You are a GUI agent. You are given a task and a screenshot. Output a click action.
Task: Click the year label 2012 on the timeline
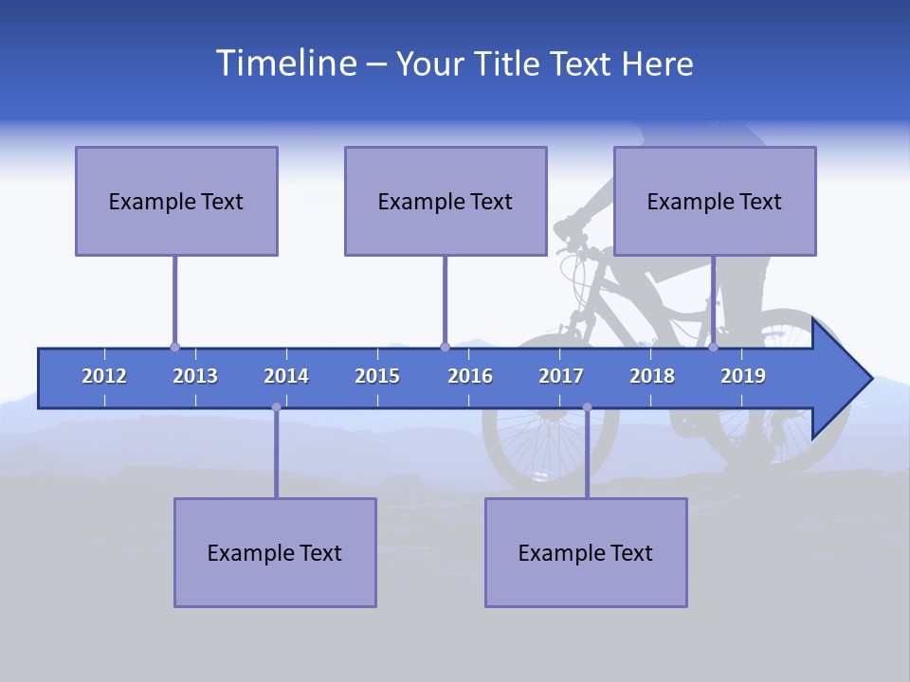click(x=104, y=376)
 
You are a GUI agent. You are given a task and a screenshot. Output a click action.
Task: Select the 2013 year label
click(x=195, y=376)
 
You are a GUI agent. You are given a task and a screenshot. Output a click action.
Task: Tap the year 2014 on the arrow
click(x=286, y=376)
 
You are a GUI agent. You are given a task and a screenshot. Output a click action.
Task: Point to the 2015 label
click(x=377, y=376)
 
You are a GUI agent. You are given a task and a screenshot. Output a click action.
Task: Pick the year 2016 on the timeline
click(x=470, y=376)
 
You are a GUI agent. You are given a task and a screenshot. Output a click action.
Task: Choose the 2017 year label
click(x=561, y=376)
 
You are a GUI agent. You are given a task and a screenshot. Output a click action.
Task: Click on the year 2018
click(x=652, y=376)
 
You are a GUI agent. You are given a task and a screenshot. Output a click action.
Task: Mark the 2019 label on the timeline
click(x=743, y=376)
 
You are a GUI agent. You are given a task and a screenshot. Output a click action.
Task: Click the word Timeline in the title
click(x=284, y=63)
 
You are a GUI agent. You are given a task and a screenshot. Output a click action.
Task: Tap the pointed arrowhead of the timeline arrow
click(x=848, y=378)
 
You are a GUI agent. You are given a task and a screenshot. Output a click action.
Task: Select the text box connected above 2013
click(x=176, y=201)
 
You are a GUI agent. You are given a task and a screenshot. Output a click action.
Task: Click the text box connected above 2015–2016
click(x=446, y=201)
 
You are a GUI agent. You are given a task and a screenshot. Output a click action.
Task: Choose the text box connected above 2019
click(x=715, y=201)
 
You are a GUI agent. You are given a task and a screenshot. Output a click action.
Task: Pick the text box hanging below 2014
click(x=275, y=552)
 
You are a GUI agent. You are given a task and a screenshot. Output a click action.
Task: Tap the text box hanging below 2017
click(x=586, y=552)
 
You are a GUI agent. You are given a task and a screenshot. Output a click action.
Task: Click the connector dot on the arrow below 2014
click(x=276, y=407)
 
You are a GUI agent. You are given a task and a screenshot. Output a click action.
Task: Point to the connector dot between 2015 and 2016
click(x=445, y=348)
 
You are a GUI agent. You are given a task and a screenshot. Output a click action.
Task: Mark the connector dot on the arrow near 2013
click(x=174, y=348)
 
